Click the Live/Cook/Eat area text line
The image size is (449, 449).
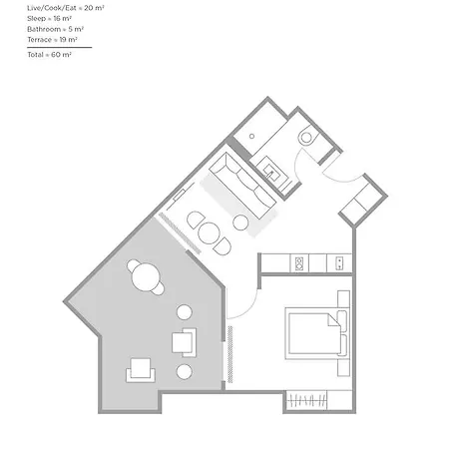pos(66,8)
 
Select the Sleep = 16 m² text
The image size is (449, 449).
pos(49,18)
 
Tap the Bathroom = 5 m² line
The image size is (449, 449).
pos(55,29)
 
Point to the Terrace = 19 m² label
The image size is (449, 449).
pos(52,40)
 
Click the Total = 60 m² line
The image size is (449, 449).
pos(49,55)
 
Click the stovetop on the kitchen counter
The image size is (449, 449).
pos(299,263)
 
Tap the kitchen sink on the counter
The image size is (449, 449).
pos(339,263)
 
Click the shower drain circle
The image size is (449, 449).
pos(252,136)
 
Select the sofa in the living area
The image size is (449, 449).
pos(242,186)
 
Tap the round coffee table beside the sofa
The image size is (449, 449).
pos(240,223)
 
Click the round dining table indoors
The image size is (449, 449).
pos(209,233)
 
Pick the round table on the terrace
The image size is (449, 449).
pos(146,277)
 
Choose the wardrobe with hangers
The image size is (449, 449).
pos(306,400)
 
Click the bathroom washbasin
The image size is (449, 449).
pos(272,172)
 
